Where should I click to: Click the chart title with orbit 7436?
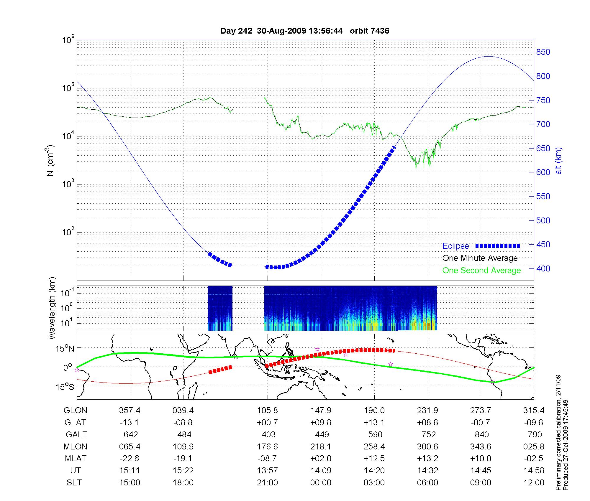point(305,31)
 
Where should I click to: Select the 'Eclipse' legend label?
point(455,246)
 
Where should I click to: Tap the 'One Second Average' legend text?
point(481,271)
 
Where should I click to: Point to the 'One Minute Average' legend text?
point(480,258)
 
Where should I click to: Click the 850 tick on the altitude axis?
point(543,52)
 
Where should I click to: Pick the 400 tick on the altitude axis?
point(543,268)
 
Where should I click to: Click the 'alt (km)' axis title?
point(558,161)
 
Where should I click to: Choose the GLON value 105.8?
point(267,411)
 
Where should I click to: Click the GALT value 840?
point(481,435)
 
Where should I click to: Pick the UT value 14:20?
point(374,471)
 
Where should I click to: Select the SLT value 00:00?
point(321,483)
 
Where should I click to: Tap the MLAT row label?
point(76,459)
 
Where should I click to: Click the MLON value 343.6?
point(481,447)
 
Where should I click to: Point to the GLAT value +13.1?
point(374,423)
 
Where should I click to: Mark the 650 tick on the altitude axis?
point(543,149)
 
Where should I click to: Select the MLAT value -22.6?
point(130,459)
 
